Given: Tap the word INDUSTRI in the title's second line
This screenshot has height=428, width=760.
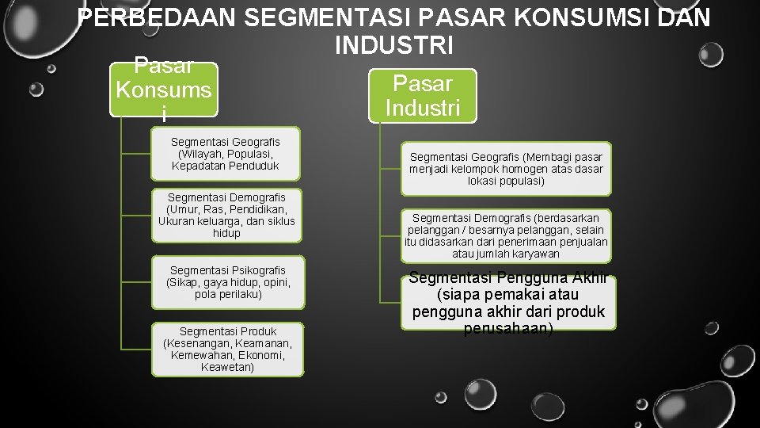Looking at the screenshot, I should pos(393,45).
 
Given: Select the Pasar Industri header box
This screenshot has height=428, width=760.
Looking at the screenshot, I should pos(423,96).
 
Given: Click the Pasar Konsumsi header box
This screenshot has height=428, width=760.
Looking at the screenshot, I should pos(163,90).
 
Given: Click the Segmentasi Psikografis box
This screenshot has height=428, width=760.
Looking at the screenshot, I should pos(228,282).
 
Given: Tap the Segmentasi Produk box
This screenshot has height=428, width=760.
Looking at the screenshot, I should pos(227,349).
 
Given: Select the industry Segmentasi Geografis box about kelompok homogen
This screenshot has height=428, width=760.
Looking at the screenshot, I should pos(505,169).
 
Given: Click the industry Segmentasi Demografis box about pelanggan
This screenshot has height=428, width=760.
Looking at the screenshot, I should pos(505,235).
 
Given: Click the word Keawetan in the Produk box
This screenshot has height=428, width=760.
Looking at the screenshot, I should pos(227,367).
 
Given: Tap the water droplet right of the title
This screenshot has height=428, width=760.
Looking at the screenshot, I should pos(711,55).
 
